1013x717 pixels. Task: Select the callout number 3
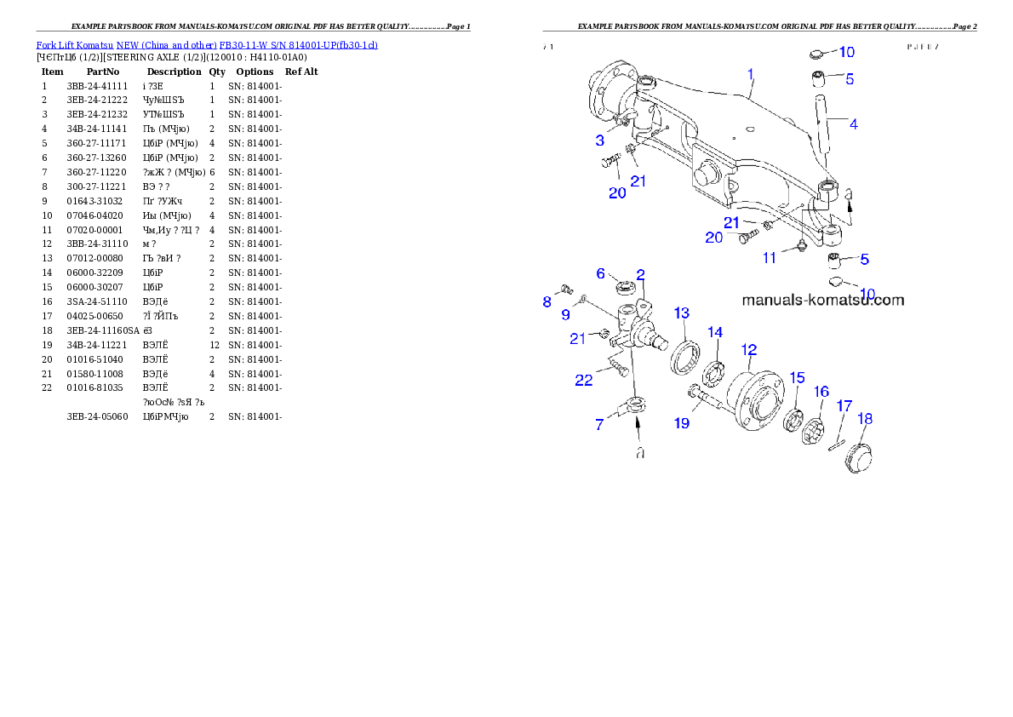[x=600, y=141]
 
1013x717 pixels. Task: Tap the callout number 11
[x=770, y=258]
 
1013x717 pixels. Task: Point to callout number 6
[x=601, y=273]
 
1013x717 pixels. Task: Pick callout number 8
[x=547, y=301]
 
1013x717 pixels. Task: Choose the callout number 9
[x=565, y=315]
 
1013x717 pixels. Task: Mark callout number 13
[x=682, y=313]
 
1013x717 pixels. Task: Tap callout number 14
[x=715, y=331]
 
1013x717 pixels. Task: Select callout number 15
[x=797, y=376]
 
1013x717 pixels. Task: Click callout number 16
[x=821, y=391]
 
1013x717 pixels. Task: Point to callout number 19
[x=682, y=422]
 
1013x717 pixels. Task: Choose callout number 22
[x=583, y=380]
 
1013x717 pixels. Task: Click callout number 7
[x=599, y=423]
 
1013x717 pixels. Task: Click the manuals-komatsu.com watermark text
[x=823, y=300]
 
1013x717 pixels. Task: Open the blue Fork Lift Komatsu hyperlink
[x=207, y=44]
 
